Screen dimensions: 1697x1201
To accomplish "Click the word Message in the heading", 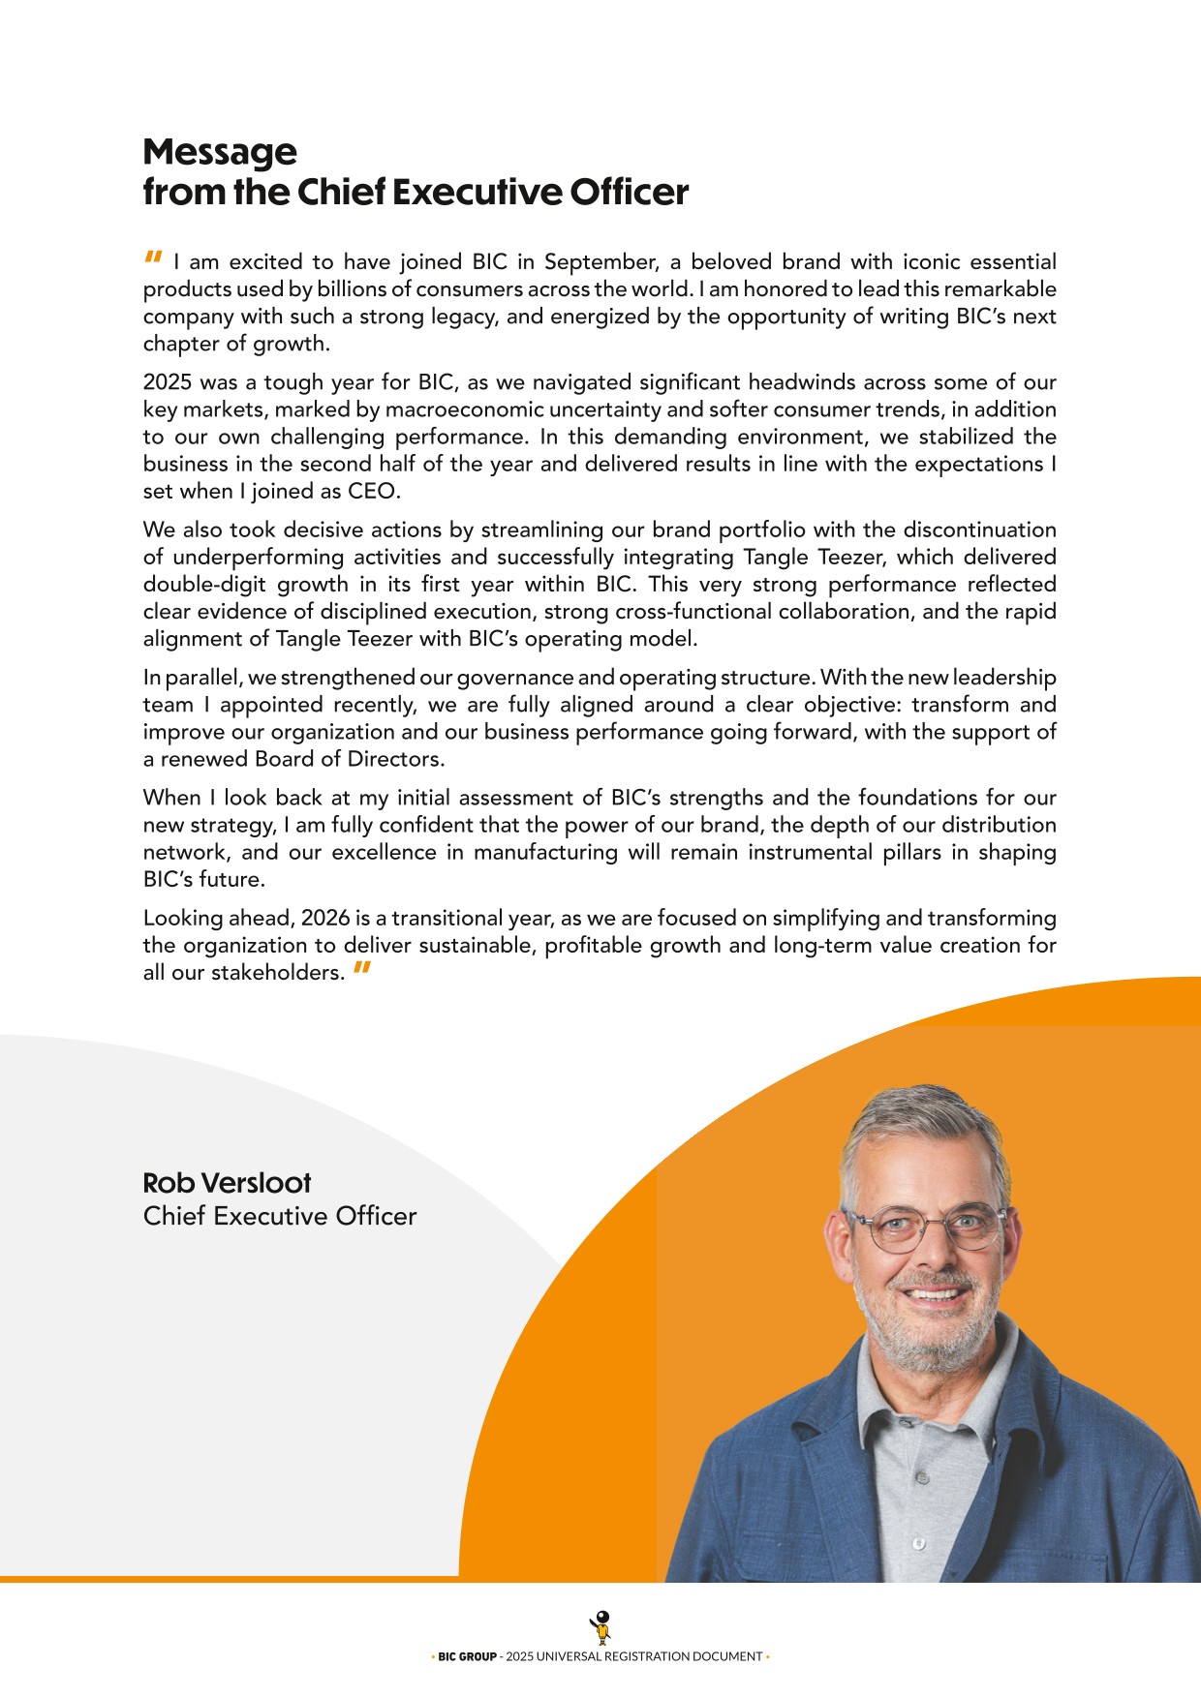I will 220,152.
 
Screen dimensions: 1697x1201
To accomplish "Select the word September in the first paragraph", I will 600,262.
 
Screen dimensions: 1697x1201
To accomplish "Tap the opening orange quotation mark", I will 153,258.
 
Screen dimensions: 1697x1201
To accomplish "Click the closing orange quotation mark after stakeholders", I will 362,968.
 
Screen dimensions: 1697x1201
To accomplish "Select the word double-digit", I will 204,585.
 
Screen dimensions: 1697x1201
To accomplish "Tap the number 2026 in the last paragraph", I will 325,918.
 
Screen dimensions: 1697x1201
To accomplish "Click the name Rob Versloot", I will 227,1183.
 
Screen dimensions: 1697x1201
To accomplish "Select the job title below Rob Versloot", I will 280,1216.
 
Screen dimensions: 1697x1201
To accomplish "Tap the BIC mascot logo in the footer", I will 600,1627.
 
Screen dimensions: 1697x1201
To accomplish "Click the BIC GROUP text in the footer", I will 467,1656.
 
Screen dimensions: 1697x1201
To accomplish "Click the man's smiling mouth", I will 934,1293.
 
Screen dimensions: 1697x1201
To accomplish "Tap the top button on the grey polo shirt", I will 923,1478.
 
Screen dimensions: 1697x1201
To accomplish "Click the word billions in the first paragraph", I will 349,289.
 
